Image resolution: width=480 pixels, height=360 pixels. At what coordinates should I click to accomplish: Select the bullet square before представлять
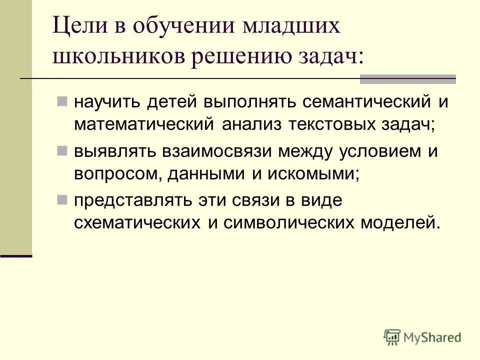pyautogui.click(x=62, y=200)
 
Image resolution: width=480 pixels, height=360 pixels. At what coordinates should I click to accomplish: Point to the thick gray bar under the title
pyautogui.click(x=408, y=78)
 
